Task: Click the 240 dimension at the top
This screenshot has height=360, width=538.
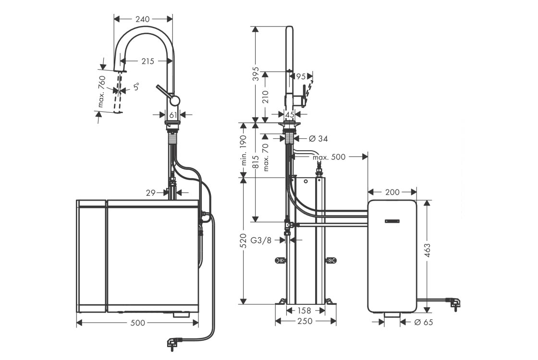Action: pos(143,19)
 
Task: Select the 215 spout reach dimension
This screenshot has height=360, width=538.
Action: pos(148,61)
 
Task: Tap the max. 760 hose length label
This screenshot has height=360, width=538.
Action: pos(102,91)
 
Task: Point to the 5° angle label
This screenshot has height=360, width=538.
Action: pos(137,87)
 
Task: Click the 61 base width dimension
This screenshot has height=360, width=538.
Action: pos(173,115)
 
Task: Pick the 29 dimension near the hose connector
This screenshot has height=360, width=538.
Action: pos(151,192)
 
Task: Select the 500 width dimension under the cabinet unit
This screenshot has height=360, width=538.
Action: pos(138,323)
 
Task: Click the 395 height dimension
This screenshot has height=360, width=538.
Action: pos(256,74)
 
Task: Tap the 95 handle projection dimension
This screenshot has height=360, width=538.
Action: pos(301,76)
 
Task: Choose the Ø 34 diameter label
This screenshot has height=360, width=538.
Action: pos(318,139)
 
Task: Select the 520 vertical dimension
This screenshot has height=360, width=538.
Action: pos(244,241)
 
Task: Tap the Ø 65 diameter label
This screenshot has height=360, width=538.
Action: pos(423,322)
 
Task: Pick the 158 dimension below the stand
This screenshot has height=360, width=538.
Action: pos(305,311)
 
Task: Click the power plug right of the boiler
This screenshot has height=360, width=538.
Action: pos(453,301)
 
